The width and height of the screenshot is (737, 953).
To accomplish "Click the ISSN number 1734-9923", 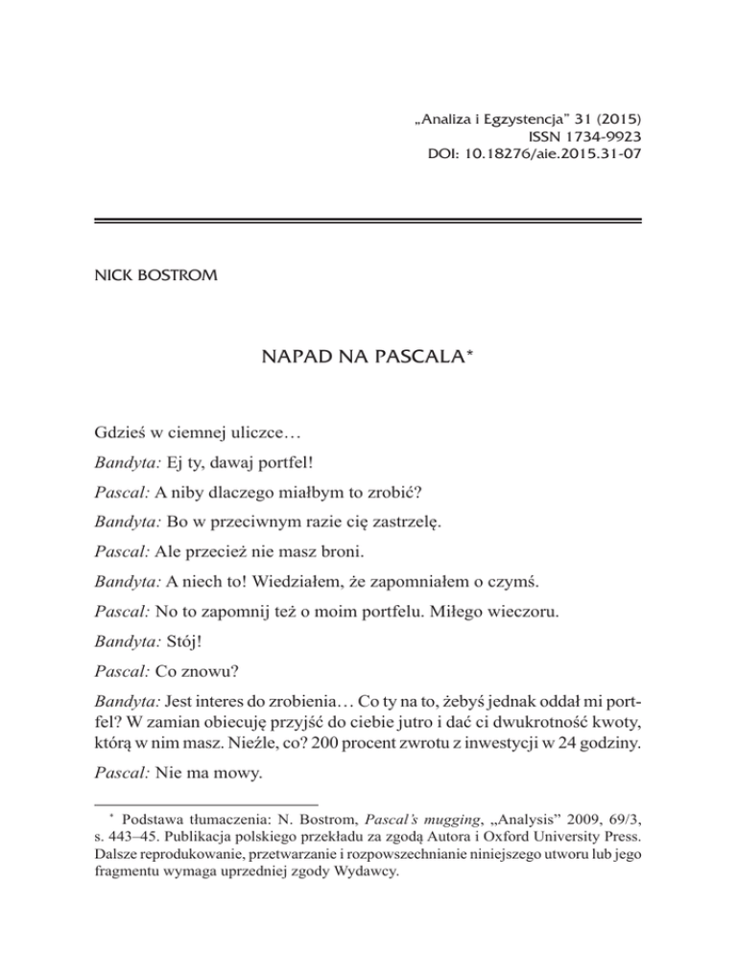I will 594,137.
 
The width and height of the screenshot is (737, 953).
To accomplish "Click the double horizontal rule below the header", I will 368,221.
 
